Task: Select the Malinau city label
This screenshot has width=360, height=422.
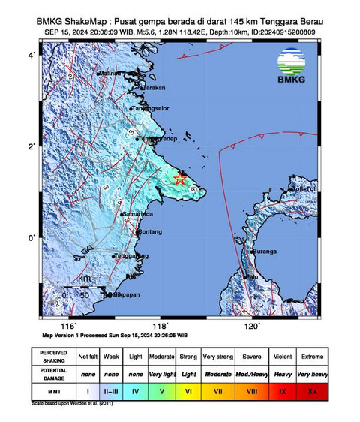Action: pyautogui.click(x=110, y=73)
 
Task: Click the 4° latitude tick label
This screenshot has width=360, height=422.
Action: pyautogui.click(x=31, y=56)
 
